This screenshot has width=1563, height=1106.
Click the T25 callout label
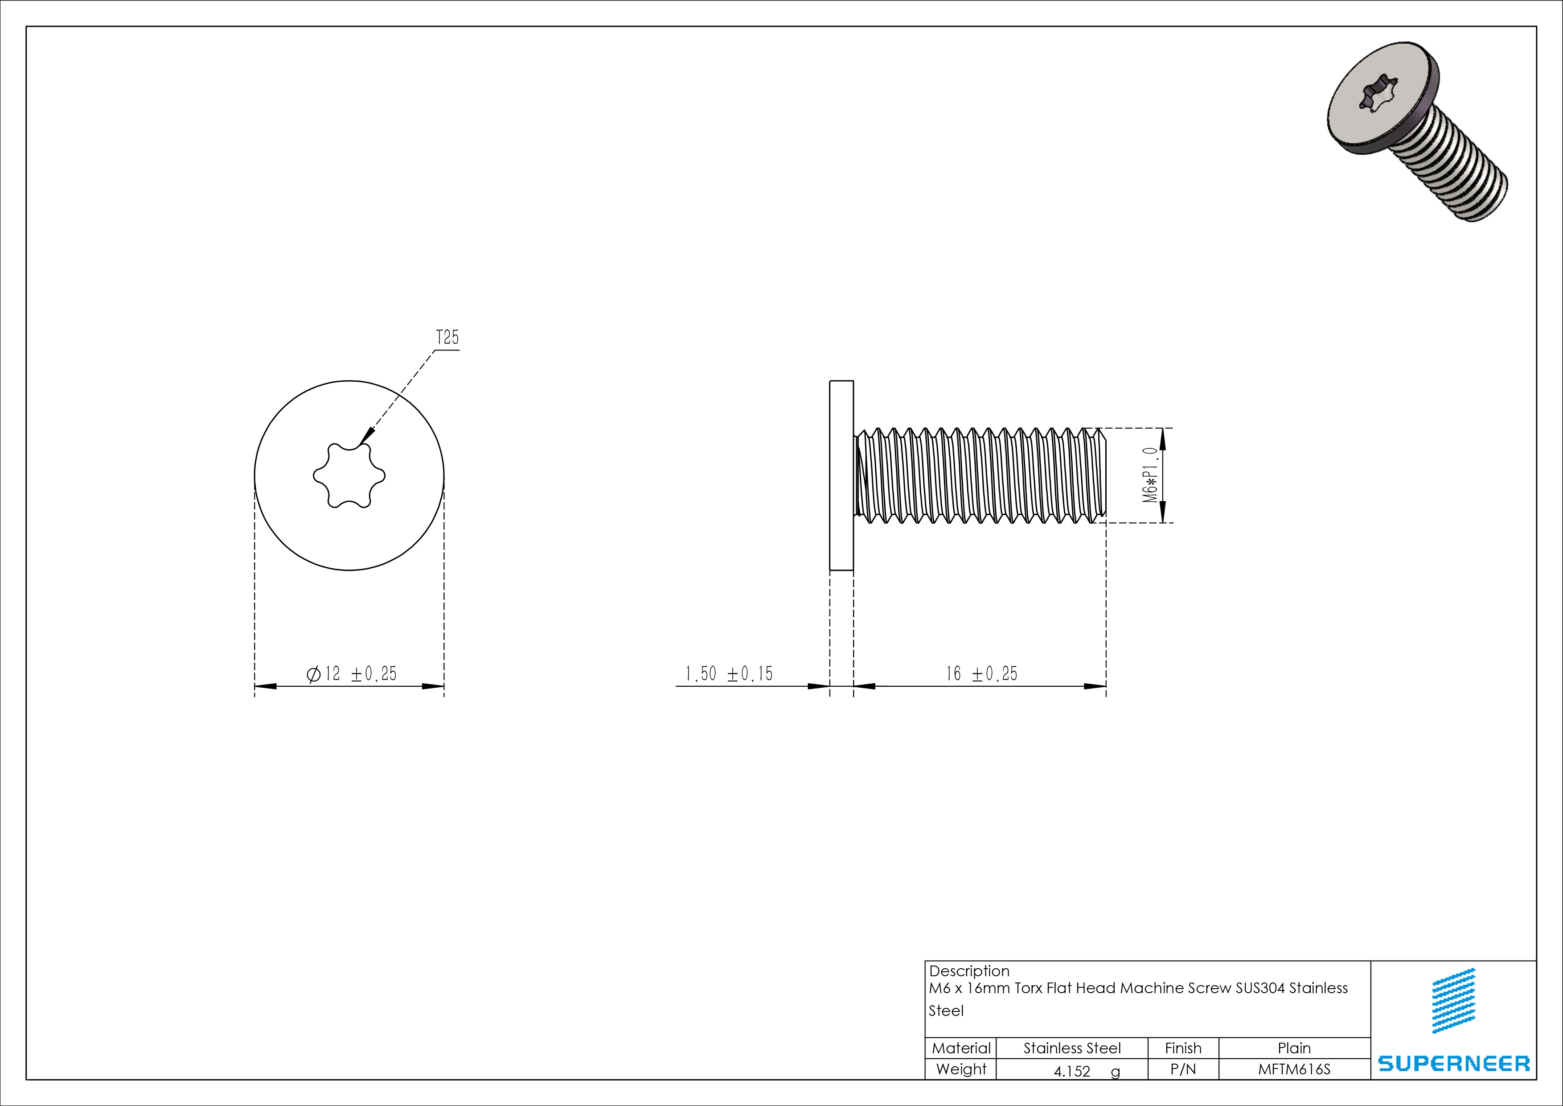447,338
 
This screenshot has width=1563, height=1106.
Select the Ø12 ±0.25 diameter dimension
351,673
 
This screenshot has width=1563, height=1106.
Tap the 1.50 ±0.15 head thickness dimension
728,673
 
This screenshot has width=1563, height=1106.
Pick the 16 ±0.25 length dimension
981,673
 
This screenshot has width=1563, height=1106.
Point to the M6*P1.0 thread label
1150,475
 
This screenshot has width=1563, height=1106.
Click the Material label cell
960,1048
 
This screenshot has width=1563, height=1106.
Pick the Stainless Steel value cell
1071,1048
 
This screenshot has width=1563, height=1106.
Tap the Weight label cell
960,1069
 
